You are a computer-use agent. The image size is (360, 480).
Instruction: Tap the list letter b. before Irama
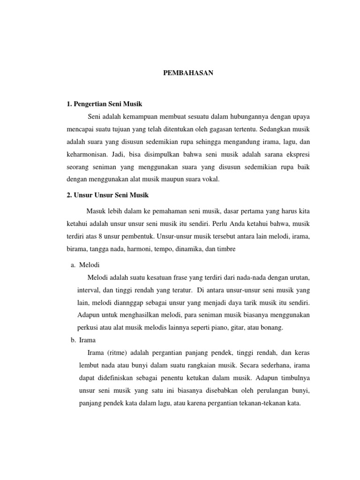pos(73,339)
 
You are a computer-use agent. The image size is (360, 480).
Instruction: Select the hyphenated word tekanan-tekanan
pos(263,402)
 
